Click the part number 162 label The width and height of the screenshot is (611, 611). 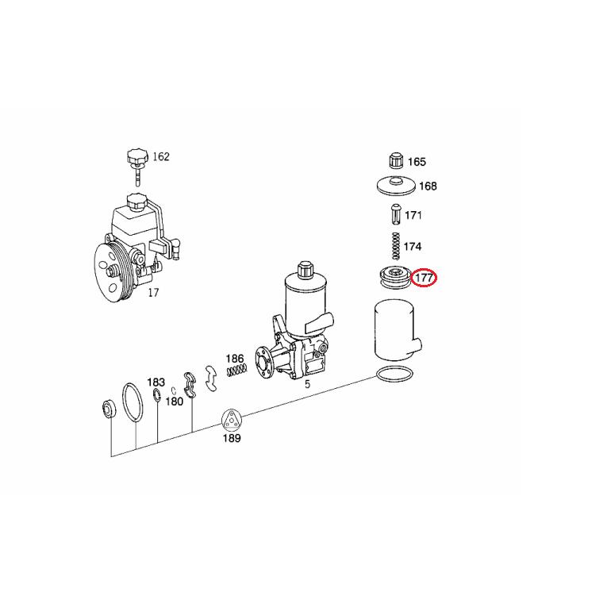point(160,156)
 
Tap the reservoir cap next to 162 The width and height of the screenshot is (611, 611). point(135,157)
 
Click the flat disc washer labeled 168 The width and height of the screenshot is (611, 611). point(394,186)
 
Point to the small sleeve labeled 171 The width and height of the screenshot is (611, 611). point(394,215)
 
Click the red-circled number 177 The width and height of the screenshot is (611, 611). point(425,278)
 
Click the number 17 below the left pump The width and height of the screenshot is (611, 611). point(153,293)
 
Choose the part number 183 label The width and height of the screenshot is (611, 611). point(156,382)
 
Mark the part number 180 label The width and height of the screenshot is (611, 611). point(174,402)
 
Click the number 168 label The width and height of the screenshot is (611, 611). point(428,186)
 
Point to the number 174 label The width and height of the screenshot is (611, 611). point(413,247)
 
